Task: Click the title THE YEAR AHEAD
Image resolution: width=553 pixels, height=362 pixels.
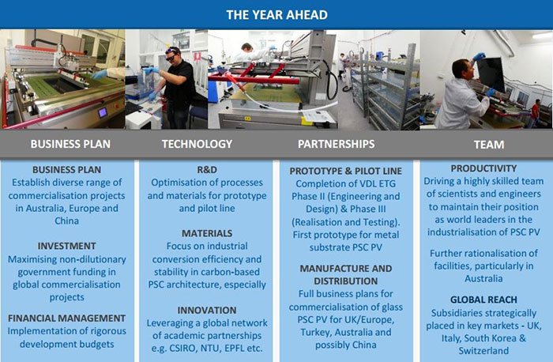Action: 276,15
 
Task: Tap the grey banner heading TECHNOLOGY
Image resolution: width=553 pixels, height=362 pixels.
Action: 197,144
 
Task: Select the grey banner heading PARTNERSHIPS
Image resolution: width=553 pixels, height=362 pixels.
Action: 336,144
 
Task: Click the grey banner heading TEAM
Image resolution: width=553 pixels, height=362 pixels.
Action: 489,145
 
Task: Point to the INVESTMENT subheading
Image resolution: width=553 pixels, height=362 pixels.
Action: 66,246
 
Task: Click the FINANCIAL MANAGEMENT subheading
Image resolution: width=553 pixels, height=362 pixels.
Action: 66,319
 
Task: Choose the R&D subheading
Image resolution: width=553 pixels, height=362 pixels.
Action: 207,170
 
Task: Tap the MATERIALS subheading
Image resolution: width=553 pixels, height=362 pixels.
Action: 207,233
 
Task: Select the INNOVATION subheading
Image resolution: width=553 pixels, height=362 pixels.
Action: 207,310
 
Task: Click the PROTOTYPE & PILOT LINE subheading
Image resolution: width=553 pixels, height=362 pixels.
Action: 346,172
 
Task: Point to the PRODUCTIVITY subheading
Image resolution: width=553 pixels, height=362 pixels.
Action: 483,168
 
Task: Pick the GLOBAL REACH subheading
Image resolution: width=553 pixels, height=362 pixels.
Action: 483,300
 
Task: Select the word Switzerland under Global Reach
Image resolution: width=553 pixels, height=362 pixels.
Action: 483,351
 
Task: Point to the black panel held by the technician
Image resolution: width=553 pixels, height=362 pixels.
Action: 491,74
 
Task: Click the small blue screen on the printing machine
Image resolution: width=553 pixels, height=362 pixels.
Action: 103,112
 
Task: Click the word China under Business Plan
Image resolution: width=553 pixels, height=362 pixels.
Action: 66,221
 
